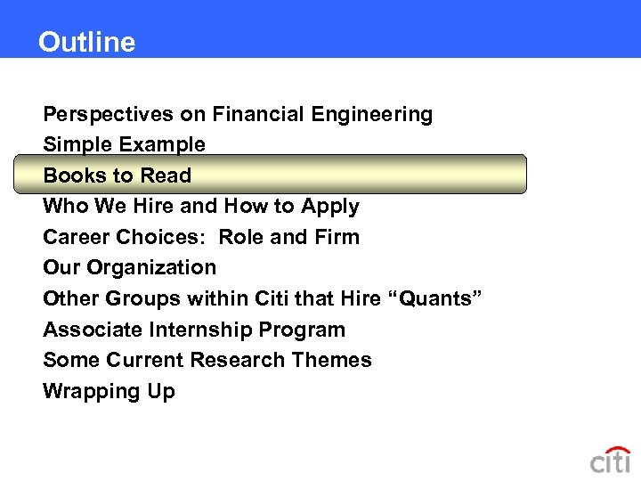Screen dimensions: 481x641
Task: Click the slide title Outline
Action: (86, 42)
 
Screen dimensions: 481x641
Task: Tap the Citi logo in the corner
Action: (610, 460)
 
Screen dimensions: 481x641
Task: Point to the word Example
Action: (165, 144)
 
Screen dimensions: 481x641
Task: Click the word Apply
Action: (330, 207)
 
